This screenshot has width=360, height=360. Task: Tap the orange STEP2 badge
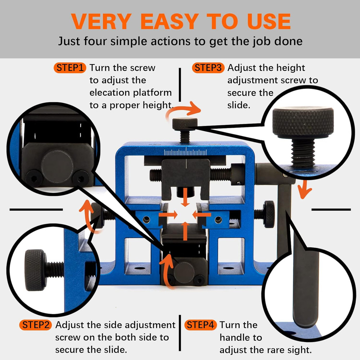pyautogui.click(x=36, y=325)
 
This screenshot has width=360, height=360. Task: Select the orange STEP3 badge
pyautogui.click(x=208, y=68)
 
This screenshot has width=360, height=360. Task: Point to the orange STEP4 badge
pyautogui.click(x=201, y=325)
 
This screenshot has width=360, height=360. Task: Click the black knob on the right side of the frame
pyautogui.click(x=269, y=214)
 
